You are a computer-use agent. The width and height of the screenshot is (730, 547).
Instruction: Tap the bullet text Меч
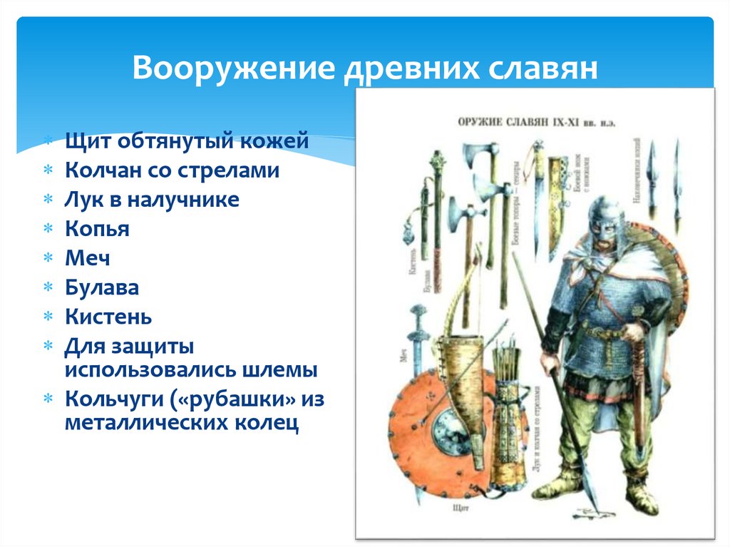(x=88, y=258)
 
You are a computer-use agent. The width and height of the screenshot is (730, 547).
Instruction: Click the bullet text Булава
(x=101, y=287)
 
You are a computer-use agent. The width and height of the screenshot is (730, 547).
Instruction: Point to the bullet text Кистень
(x=108, y=317)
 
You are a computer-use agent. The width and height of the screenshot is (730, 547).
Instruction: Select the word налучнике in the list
(x=184, y=200)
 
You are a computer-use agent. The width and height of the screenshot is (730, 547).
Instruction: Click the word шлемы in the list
(x=279, y=370)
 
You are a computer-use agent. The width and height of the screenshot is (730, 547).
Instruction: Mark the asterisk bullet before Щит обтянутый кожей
(x=48, y=141)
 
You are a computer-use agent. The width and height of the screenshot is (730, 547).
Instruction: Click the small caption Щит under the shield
(x=459, y=509)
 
